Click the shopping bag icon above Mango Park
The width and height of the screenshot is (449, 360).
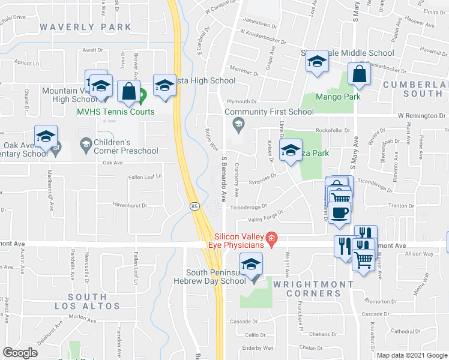(x=359, y=74)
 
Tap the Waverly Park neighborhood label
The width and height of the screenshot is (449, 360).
(x=85, y=27)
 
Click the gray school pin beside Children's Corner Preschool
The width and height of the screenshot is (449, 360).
(x=85, y=145)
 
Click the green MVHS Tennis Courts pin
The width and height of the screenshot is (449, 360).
(x=142, y=95)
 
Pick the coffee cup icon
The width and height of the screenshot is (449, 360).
(x=340, y=212)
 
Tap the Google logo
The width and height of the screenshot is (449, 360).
(x=20, y=353)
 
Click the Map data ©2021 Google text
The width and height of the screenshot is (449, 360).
(x=412, y=355)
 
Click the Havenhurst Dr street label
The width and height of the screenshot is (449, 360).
(x=130, y=205)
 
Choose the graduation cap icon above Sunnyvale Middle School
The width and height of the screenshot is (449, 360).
(x=317, y=61)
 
